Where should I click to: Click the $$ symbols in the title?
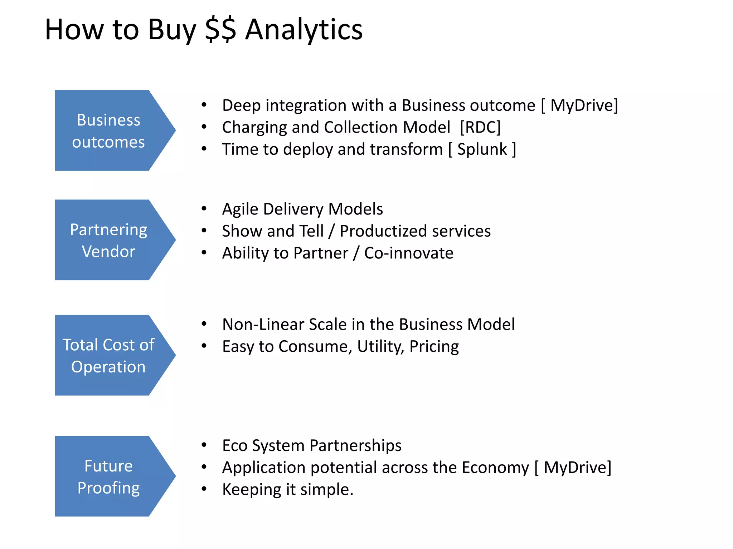(x=220, y=29)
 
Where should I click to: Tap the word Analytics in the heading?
(x=304, y=29)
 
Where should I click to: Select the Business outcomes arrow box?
(x=108, y=130)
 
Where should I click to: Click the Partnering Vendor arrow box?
(x=108, y=240)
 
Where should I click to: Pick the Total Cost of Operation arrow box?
(x=108, y=355)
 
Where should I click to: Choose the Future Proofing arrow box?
(x=108, y=476)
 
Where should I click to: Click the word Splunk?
(x=482, y=149)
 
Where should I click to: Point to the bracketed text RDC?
(x=480, y=127)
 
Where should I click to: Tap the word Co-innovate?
(x=409, y=253)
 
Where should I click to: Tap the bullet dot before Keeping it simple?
(x=204, y=489)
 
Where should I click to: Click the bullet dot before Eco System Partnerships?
(x=204, y=445)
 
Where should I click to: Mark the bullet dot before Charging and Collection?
(x=204, y=127)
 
